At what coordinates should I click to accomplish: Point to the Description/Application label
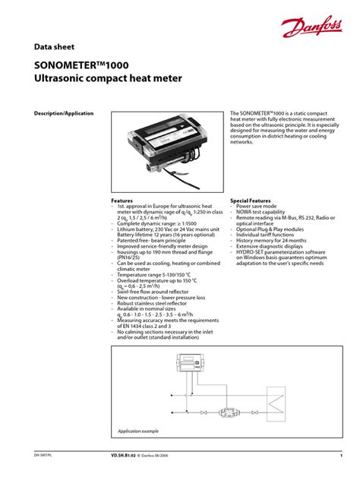pyautogui.click(x=64, y=113)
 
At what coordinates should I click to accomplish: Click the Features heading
pyautogui.click(x=122, y=201)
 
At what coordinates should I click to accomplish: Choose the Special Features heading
pyautogui.click(x=251, y=201)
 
